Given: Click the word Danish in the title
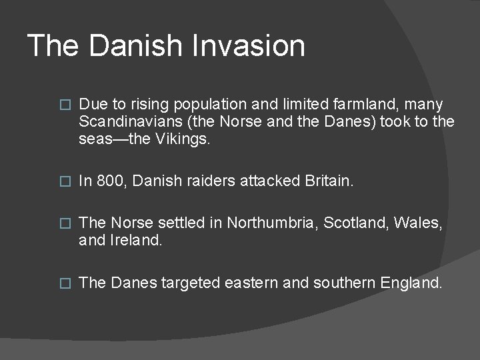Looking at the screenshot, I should [135, 46].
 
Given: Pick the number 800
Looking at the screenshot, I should [110, 181].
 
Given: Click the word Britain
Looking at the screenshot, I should [329, 181].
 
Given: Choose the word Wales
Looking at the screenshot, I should [418, 223].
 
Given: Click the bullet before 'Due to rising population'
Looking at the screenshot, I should [65, 105].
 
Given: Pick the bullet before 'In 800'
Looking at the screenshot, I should [65, 181].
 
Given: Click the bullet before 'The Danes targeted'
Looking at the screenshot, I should [65, 283].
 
